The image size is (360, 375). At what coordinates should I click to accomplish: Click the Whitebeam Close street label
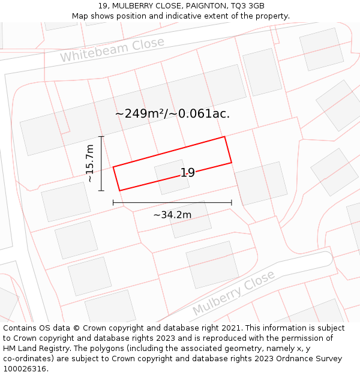(112, 50)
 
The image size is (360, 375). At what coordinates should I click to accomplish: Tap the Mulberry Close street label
(233, 294)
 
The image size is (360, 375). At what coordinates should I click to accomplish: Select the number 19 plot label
(187, 173)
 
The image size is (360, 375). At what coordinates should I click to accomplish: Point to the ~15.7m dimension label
(90, 163)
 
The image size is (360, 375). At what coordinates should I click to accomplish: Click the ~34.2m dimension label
(172, 215)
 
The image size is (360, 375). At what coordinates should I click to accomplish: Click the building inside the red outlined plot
(172, 176)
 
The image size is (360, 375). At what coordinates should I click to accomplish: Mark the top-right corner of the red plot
(224, 137)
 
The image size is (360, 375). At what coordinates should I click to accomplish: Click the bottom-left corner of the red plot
(119, 191)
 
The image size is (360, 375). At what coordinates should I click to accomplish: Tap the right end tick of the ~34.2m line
(232, 203)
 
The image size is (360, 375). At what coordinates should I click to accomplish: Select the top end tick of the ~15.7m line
(101, 137)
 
